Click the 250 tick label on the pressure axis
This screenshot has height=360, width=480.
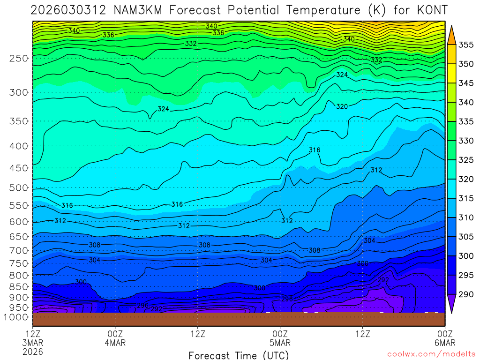tap(19, 59)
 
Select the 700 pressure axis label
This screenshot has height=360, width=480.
tap(19, 250)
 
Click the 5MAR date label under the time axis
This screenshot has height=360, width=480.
tap(280, 342)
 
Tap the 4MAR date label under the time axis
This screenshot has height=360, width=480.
tap(115, 342)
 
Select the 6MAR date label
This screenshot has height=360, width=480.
tap(444, 342)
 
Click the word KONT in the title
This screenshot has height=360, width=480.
tap(430, 10)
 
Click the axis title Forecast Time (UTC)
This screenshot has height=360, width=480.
tap(239, 355)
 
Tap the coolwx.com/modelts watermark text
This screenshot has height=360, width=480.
tap(431, 354)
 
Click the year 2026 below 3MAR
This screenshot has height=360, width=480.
tap(32, 351)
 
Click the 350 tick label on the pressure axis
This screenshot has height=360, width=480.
tap(19, 121)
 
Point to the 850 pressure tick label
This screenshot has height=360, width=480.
tap(19, 286)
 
